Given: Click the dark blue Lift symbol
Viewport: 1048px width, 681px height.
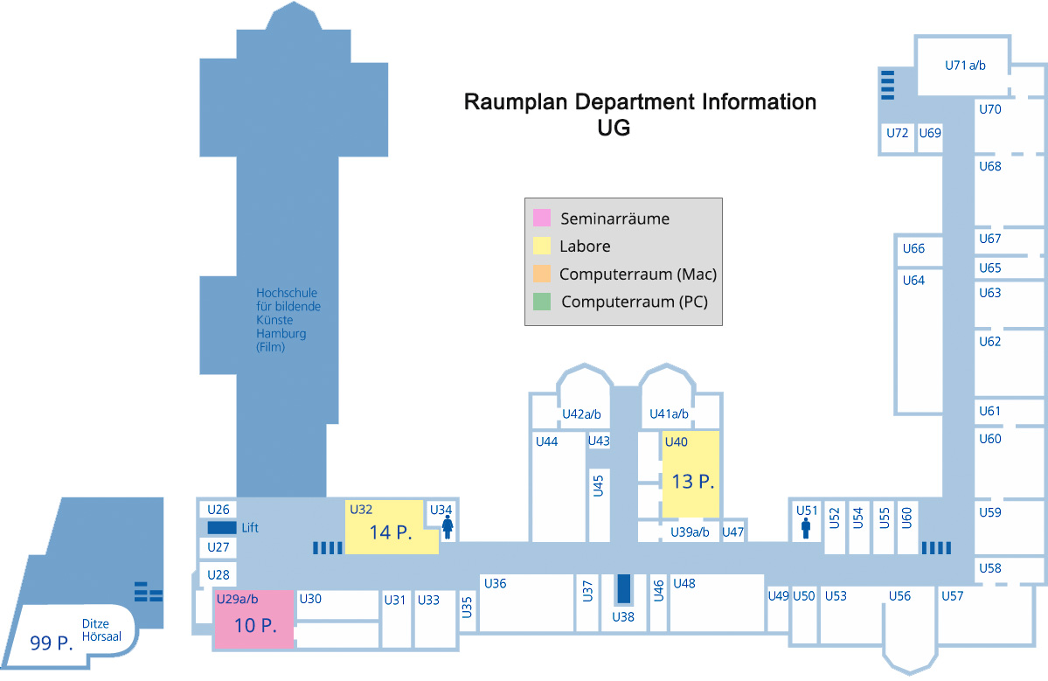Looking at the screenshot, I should (222, 528).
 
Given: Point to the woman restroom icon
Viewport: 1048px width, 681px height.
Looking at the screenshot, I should (448, 527).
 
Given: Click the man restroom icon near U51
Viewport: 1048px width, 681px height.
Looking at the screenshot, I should (806, 528).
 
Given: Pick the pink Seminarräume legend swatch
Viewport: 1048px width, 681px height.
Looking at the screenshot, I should (542, 219).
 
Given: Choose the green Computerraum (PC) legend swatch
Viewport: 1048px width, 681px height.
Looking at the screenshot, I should (542, 302).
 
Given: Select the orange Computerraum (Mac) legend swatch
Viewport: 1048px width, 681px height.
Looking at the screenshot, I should (542, 274).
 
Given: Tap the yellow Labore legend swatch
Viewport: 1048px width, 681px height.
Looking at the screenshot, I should (542, 247).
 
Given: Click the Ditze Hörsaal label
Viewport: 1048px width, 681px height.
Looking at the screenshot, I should (101, 630).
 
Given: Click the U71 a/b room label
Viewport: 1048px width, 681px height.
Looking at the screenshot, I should (965, 65).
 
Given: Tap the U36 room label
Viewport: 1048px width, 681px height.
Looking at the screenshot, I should (496, 583).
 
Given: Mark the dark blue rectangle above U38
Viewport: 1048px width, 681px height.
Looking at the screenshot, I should (623, 589).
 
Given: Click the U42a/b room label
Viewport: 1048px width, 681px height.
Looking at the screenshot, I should (581, 413).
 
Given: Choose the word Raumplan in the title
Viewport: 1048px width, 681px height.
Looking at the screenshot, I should (515, 102).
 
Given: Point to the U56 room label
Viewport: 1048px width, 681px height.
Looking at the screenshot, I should (899, 596).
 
